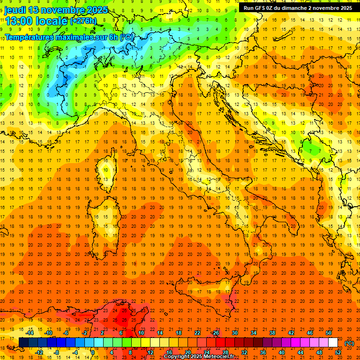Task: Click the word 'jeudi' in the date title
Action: (x=15, y=10)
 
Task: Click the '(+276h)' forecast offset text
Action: (x=83, y=21)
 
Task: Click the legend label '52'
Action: (x=338, y=352)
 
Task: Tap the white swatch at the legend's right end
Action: (x=333, y=343)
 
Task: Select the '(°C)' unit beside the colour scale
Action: (x=349, y=343)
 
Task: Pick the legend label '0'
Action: (x=93, y=352)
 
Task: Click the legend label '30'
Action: (x=234, y=333)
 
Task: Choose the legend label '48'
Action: (x=319, y=352)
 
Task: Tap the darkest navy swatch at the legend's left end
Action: (x=23, y=343)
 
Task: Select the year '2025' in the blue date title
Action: (x=94, y=10)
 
